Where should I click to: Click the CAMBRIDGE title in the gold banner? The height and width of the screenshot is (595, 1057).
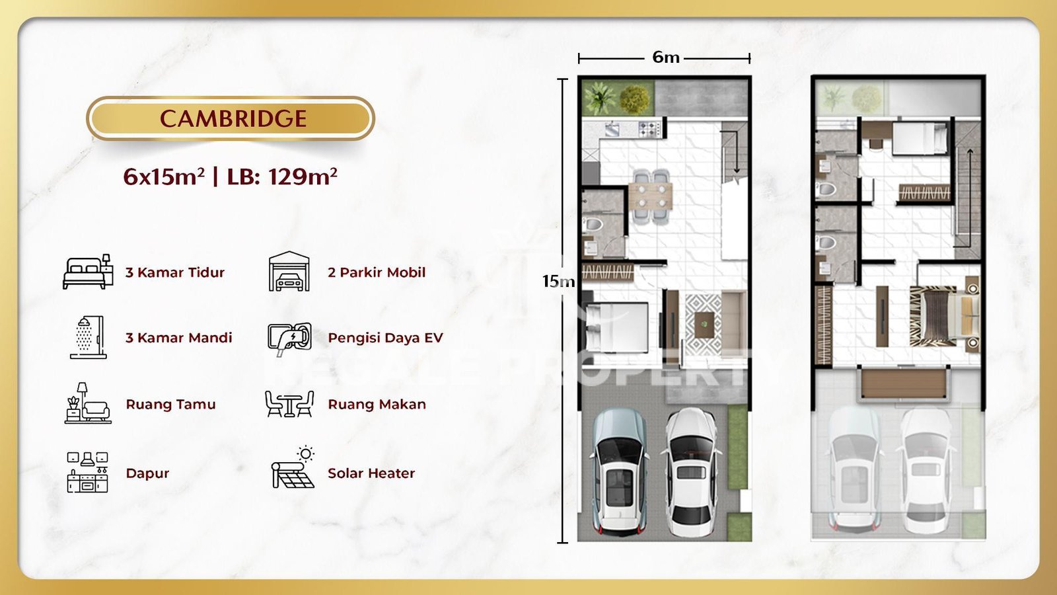point(233,118)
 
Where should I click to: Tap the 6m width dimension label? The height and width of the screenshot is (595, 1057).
point(666,57)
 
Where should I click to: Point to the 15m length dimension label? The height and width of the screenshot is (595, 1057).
point(558,282)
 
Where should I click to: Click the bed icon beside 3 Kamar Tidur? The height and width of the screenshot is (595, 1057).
point(88,272)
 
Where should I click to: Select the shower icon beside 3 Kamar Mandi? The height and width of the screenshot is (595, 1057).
point(89,337)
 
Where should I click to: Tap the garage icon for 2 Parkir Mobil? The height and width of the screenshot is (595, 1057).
point(289,271)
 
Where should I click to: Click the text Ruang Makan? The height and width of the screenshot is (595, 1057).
point(377,404)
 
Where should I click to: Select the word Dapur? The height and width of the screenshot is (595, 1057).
point(147,473)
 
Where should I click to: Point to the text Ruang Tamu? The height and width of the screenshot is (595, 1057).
point(170,404)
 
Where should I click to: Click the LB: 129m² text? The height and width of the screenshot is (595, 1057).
point(282,177)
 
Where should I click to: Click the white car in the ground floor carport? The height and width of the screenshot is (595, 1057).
point(691,472)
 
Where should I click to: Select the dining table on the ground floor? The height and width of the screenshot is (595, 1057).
point(650,196)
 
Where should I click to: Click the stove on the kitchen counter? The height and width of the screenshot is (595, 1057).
point(650,129)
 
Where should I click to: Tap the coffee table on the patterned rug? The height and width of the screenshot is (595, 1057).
point(704,325)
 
